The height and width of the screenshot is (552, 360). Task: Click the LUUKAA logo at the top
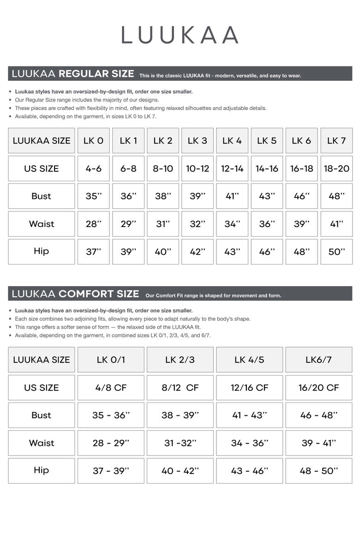tap(180, 35)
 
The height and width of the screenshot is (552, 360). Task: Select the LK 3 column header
tap(198, 141)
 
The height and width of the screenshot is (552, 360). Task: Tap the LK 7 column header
tap(336, 141)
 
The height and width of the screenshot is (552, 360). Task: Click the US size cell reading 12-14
tap(232, 168)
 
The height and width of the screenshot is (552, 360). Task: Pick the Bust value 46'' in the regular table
tap(302, 196)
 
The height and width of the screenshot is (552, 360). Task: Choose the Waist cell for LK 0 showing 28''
tap(94, 224)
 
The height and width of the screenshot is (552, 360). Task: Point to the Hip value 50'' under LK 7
tap(336, 252)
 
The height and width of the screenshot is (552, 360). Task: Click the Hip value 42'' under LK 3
tap(198, 252)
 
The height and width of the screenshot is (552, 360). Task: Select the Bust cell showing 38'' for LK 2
tap(163, 196)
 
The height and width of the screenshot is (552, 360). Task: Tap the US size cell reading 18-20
tap(336, 168)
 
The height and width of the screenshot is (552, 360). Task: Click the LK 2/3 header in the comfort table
tap(180, 360)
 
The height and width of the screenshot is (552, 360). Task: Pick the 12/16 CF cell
tap(249, 387)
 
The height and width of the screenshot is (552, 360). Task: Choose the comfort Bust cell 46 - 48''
tap(319, 415)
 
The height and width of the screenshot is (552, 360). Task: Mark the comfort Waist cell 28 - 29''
tap(111, 443)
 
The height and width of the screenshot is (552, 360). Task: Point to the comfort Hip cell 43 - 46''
tap(249, 470)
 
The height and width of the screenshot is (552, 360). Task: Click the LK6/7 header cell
tap(319, 360)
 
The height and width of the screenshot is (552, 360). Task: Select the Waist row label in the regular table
tap(42, 224)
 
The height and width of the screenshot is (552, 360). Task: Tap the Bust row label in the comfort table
tap(42, 415)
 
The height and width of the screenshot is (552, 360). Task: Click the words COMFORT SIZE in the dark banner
tap(99, 294)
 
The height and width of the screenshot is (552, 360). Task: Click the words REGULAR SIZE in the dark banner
tap(96, 74)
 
